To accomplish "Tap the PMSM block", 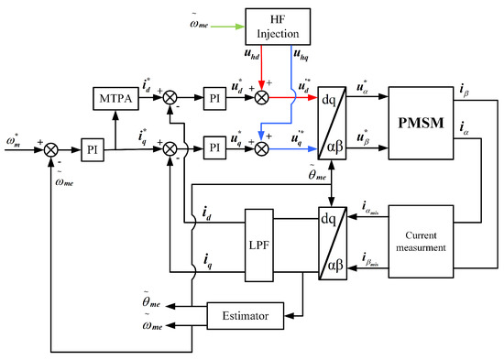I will [426, 121].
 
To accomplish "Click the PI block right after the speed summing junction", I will [91, 146].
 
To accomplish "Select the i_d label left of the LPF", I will [208, 217].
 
